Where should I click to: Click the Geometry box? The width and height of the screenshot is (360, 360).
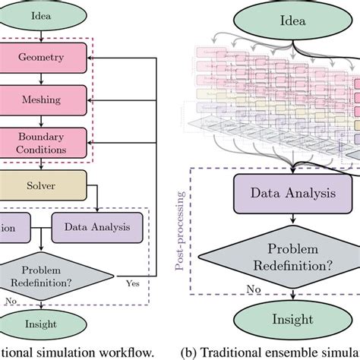46,57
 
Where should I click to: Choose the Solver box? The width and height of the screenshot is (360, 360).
46,185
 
